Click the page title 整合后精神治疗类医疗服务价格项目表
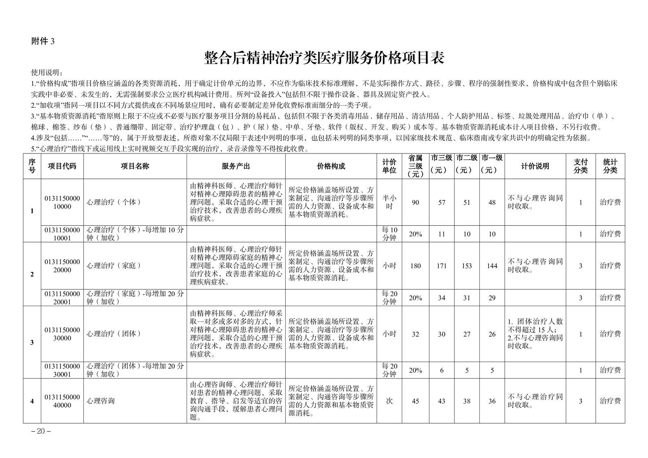[324, 58]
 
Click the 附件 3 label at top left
[43, 41]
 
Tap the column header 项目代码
[62, 166]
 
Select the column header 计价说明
[535, 166]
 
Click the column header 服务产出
[236, 166]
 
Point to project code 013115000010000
[62, 202]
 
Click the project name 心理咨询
[100, 401]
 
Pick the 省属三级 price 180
[415, 266]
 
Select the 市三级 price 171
[441, 266]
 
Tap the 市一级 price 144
[492, 266]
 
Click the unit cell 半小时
[389, 202]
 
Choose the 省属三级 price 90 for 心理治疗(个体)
[415, 202]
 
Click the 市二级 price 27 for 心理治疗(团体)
[467, 334]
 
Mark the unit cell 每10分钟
[389, 234]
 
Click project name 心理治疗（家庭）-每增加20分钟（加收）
[135, 298]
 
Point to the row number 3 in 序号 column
[32, 342]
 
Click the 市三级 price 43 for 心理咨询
[441, 401]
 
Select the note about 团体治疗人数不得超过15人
[535, 325]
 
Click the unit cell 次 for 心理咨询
[389, 401]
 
